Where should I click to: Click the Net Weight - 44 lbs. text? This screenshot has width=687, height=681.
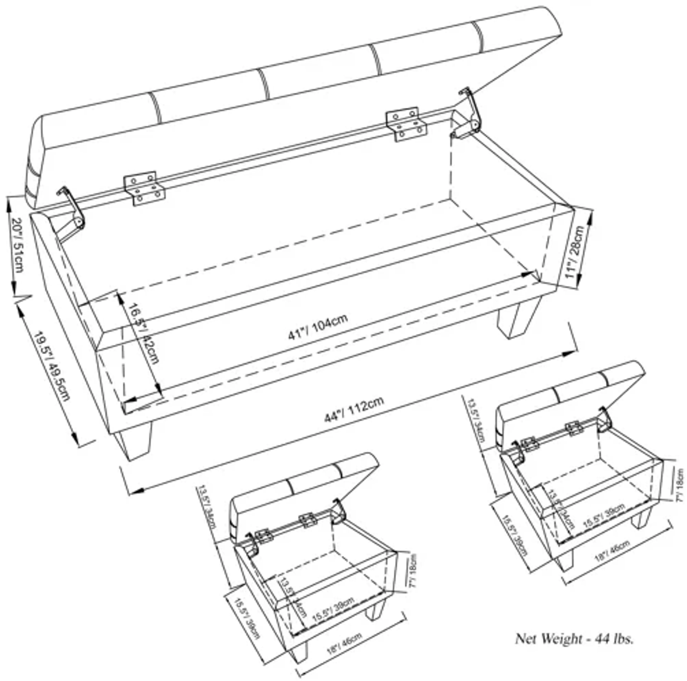click(574, 638)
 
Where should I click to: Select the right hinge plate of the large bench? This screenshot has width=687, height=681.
click(406, 124)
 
